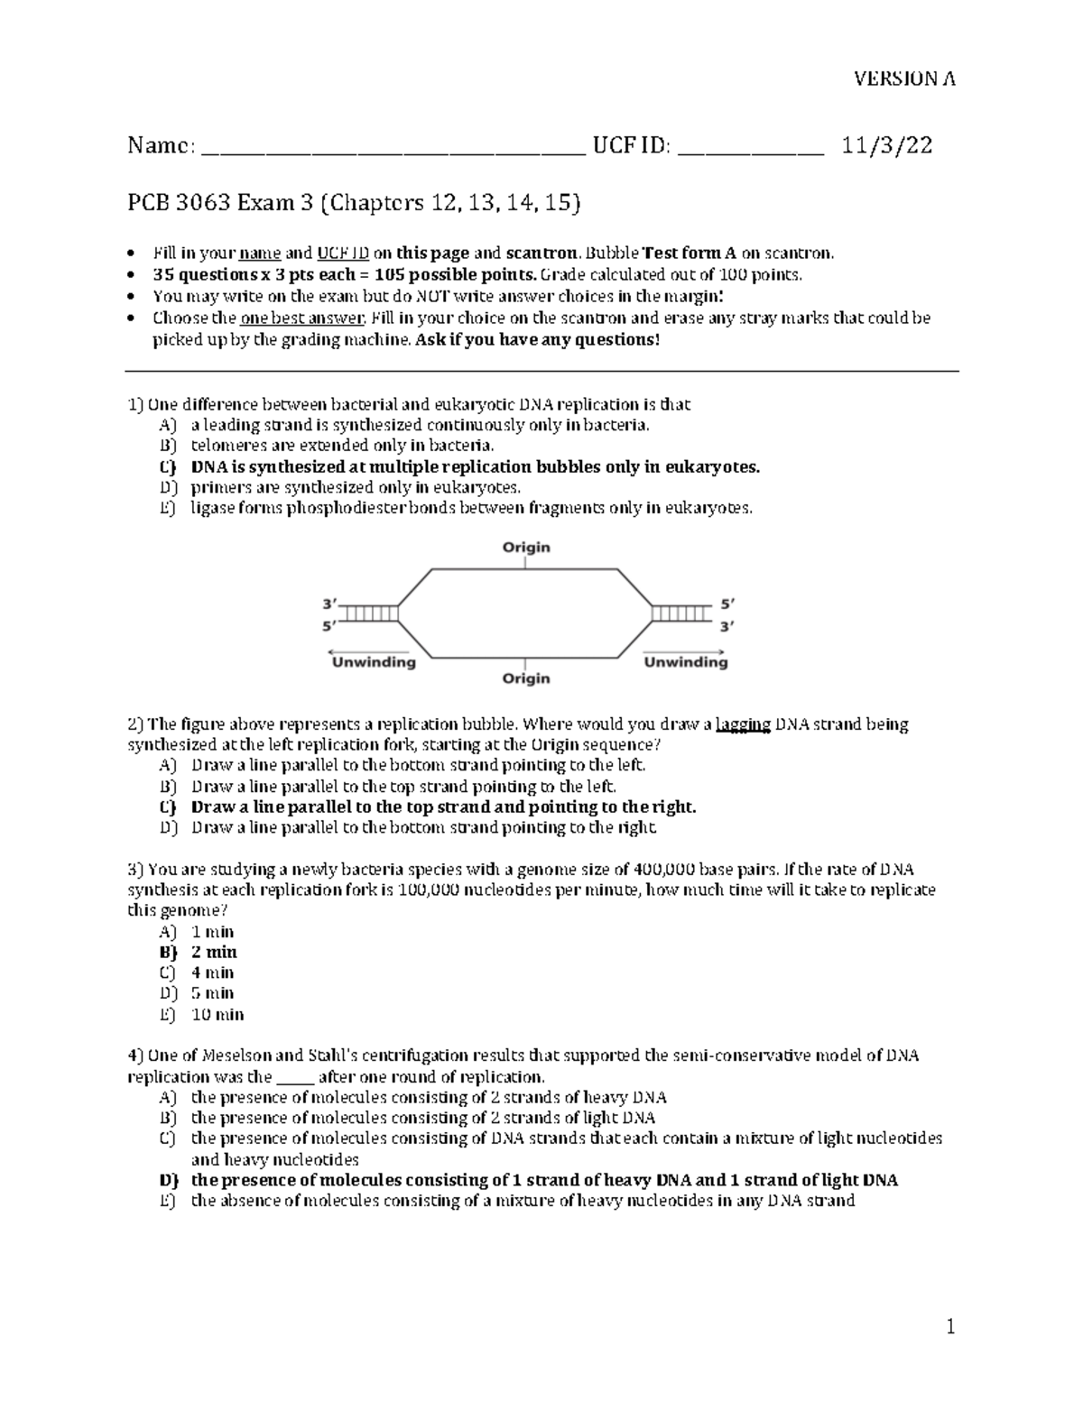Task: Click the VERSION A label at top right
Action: [905, 78]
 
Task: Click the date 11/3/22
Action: [887, 145]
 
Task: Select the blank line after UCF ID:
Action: [750, 152]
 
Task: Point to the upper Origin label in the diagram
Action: [525, 547]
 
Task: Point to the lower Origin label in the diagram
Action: [525, 677]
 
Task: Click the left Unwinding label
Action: [374, 662]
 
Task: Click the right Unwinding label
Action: [685, 662]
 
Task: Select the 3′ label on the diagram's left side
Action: [330, 604]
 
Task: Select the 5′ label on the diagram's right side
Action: [727, 604]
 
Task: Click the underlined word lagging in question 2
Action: [743, 724]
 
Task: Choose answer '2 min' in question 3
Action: [214, 952]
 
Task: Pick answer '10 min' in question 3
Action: [218, 1014]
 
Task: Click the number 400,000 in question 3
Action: [664, 870]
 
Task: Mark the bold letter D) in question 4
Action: [168, 1180]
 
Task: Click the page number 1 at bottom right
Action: [949, 1327]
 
